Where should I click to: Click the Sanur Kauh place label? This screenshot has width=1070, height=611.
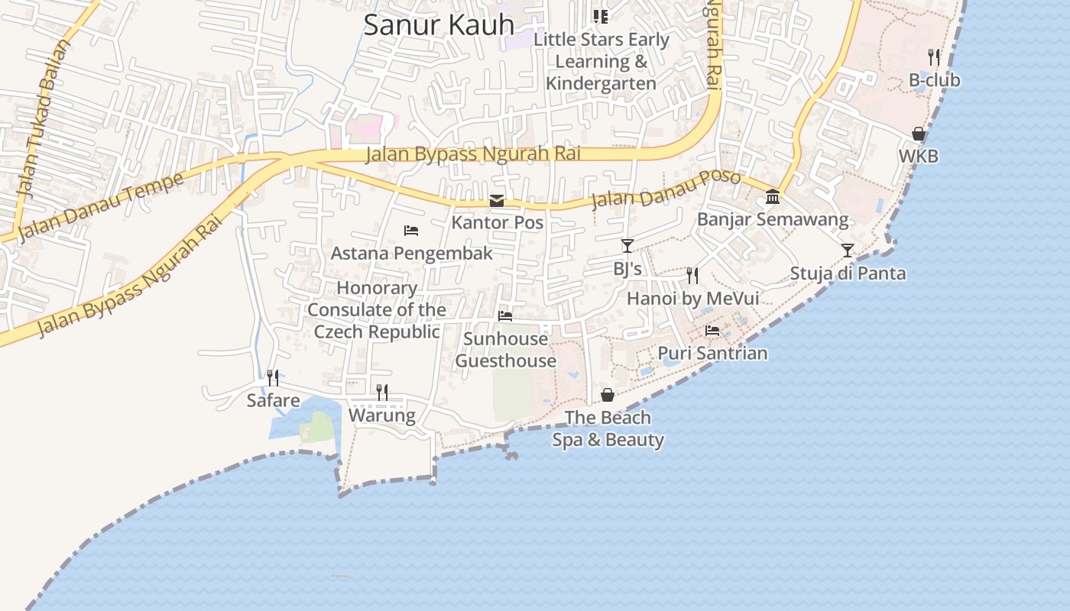[x=439, y=24]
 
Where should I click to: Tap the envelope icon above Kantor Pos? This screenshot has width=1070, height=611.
[x=497, y=201]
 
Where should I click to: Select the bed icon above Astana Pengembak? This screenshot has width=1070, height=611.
[x=411, y=230]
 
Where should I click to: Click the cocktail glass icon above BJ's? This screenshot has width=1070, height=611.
[x=627, y=245]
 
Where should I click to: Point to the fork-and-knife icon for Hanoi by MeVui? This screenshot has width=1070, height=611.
[x=692, y=275]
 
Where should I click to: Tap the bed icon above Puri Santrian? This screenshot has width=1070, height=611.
[x=712, y=330]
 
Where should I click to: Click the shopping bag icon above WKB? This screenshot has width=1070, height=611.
[x=919, y=134]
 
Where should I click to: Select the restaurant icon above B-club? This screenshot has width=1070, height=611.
[x=933, y=57]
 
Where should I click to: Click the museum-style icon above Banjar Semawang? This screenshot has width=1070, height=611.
[x=773, y=197]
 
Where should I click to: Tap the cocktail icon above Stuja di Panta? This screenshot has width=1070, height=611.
[x=848, y=250]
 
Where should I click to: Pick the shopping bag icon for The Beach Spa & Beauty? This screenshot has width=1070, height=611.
[x=608, y=394]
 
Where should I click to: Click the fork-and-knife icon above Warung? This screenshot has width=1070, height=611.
[x=382, y=393]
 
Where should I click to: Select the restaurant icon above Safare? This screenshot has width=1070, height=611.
[x=273, y=377]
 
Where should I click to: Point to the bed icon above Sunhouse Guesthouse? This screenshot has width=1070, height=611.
[x=505, y=315]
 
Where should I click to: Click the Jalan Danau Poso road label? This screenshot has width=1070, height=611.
[x=666, y=189]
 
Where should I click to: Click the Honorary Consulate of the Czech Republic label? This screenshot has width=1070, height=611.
[x=377, y=309]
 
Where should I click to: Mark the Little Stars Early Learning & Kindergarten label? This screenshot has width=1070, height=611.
[x=601, y=61]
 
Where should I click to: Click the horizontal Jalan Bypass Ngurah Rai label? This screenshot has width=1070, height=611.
[x=473, y=154]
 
